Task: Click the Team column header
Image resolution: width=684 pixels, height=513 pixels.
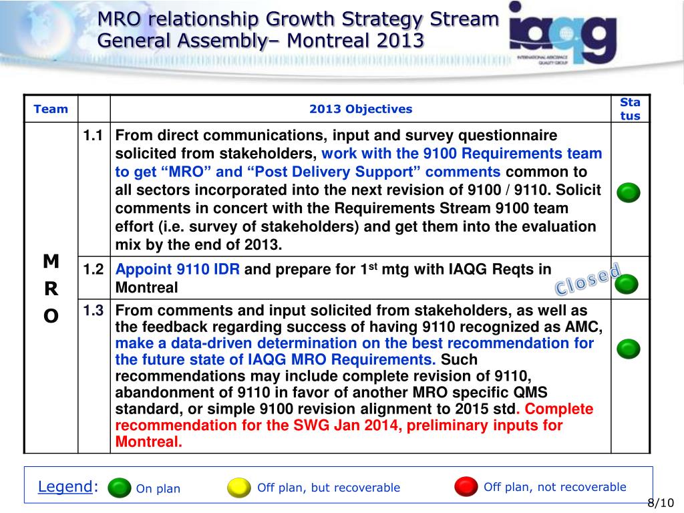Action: click(51, 109)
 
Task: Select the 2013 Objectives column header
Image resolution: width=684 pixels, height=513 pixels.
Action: click(361, 109)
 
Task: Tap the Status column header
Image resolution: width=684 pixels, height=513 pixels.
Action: click(630, 109)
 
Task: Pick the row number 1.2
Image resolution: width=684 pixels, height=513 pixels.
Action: click(93, 270)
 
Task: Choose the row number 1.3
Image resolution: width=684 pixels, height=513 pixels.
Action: click(93, 311)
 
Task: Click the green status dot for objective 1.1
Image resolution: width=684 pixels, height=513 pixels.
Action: click(628, 193)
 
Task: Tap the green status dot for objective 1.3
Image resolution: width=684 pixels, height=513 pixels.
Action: click(628, 349)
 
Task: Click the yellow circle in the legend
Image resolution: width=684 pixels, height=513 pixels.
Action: click(238, 488)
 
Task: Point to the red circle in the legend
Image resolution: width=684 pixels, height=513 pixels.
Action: click(466, 486)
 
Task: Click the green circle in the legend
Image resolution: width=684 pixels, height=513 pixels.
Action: click(120, 488)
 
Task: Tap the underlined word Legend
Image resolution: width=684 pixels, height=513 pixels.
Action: click(64, 486)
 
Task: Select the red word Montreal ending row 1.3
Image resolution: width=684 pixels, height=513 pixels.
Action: click(148, 442)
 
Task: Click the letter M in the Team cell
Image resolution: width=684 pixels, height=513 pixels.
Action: click(51, 262)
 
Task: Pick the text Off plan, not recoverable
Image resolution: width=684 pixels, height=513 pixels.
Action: click(554, 487)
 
